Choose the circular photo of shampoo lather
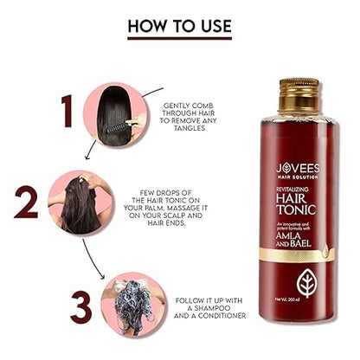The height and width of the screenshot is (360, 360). tap(130, 300)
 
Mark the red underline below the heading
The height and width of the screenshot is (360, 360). tap(179, 38)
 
